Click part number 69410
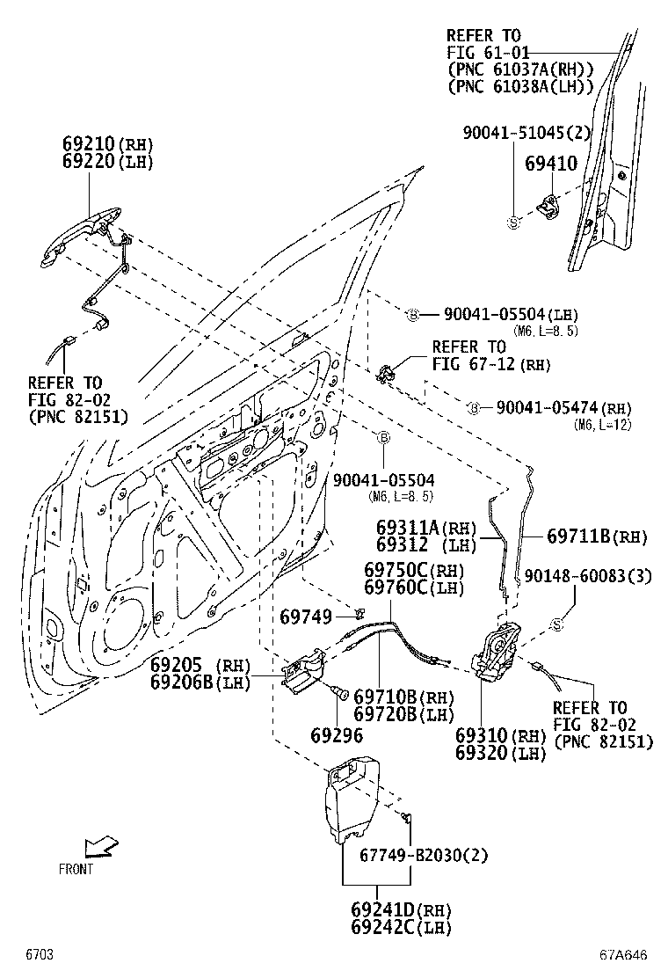coord(551,164)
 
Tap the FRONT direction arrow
coord(99,847)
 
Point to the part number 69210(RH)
coord(107,143)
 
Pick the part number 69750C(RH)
coord(415,570)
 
